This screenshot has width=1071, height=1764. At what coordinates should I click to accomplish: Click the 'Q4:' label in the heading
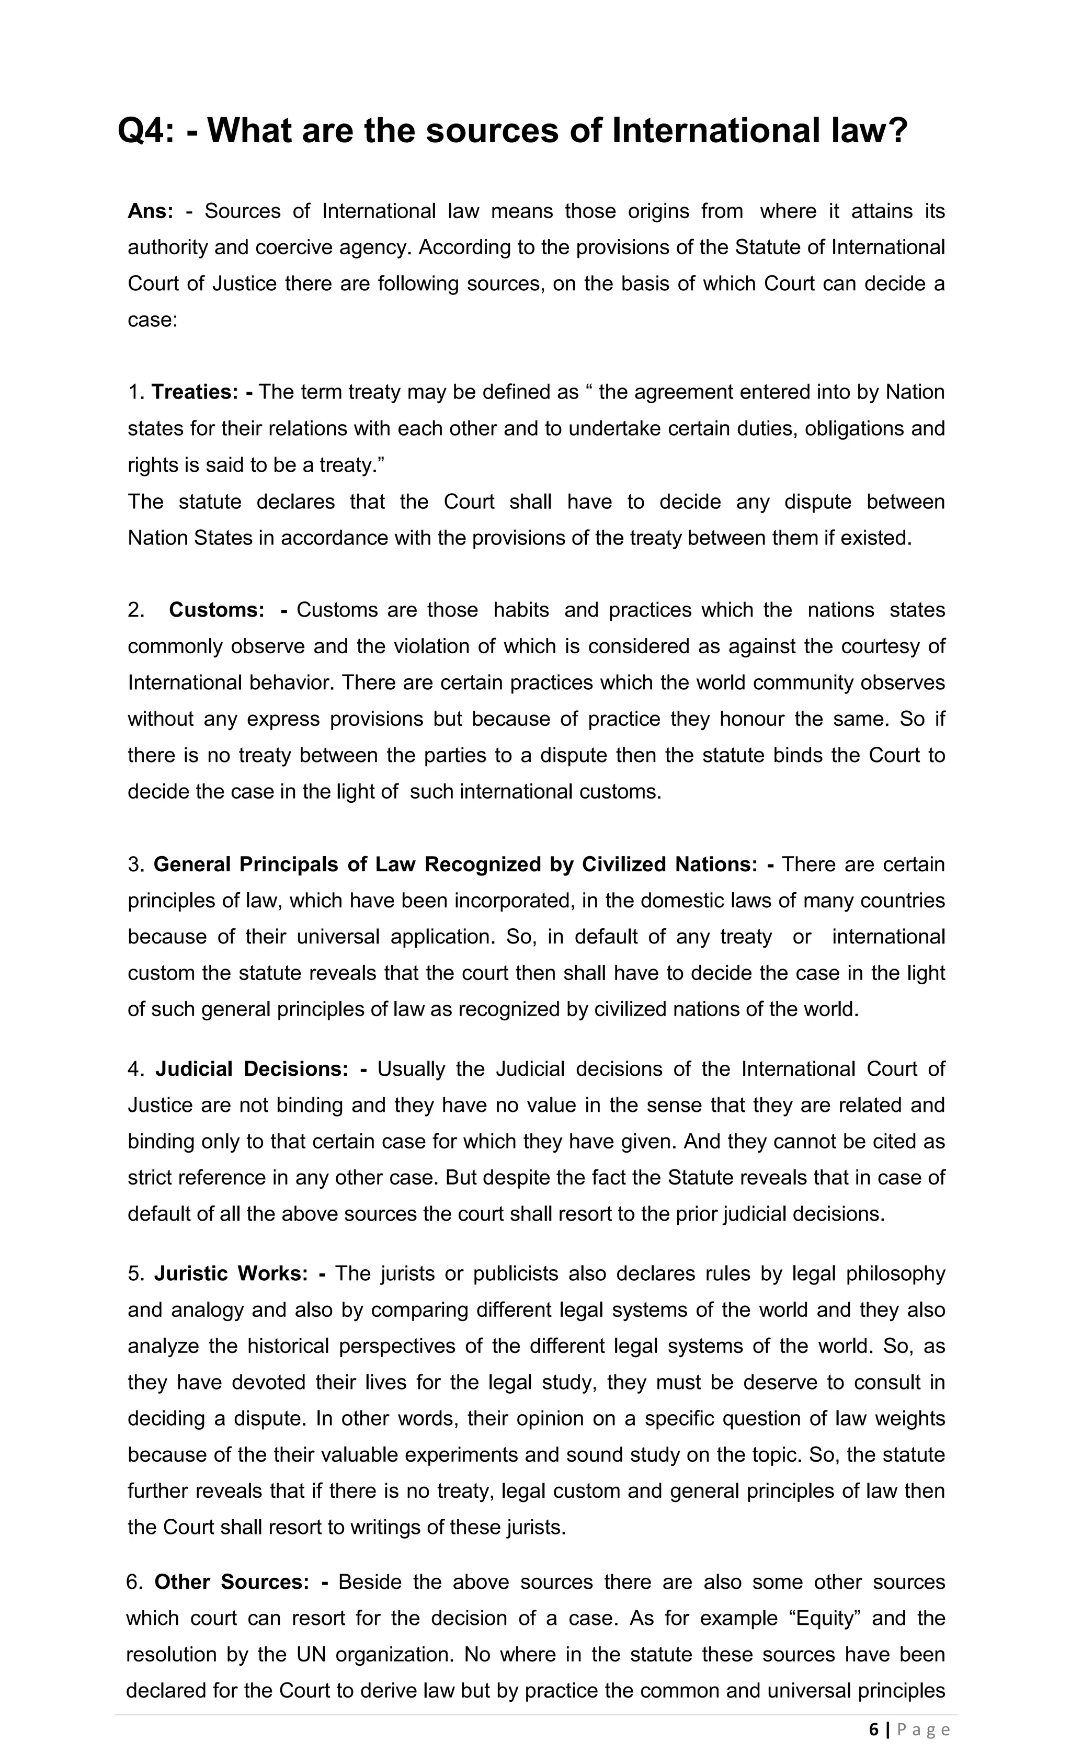(146, 131)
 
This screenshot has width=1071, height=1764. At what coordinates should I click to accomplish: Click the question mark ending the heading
(897, 131)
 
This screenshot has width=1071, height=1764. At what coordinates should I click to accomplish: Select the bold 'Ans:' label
(150, 211)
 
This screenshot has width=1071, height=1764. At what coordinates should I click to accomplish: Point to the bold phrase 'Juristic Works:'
(231, 1273)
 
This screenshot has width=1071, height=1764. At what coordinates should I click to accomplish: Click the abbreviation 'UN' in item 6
(311, 1655)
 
